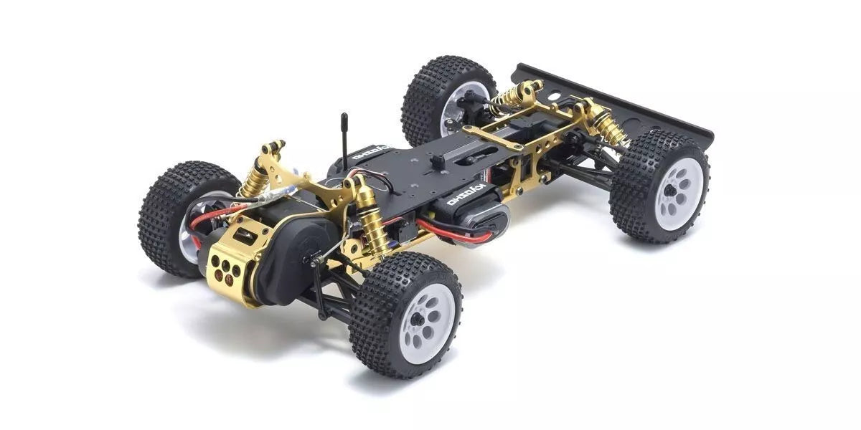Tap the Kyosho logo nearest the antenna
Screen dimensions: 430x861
click(x=371, y=153)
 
